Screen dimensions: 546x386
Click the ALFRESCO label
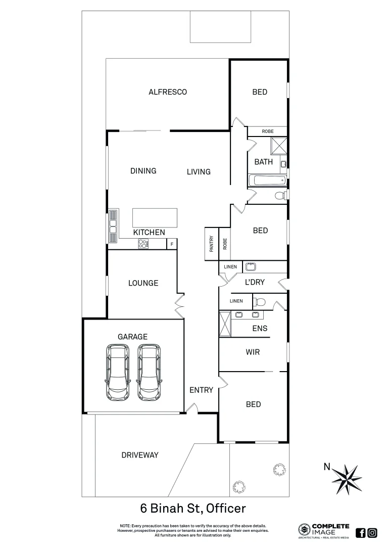(x=168, y=92)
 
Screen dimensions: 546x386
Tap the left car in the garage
(x=118, y=372)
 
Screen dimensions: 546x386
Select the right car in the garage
(x=149, y=372)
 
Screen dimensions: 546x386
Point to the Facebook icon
(x=361, y=532)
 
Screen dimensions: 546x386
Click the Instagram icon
(x=372, y=532)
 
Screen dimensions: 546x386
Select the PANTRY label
(x=211, y=244)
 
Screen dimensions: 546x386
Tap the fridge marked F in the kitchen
(x=172, y=244)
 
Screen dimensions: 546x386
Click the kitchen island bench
(x=155, y=218)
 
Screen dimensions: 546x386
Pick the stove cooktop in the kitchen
(x=143, y=244)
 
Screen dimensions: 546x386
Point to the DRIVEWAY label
(x=140, y=455)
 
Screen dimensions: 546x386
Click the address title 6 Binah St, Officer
(x=192, y=508)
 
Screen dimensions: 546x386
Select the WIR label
(x=253, y=352)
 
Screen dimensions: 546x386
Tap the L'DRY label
(x=255, y=282)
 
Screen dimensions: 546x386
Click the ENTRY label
(x=201, y=390)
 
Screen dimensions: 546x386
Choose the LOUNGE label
(x=143, y=283)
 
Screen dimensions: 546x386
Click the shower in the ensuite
(x=225, y=324)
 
